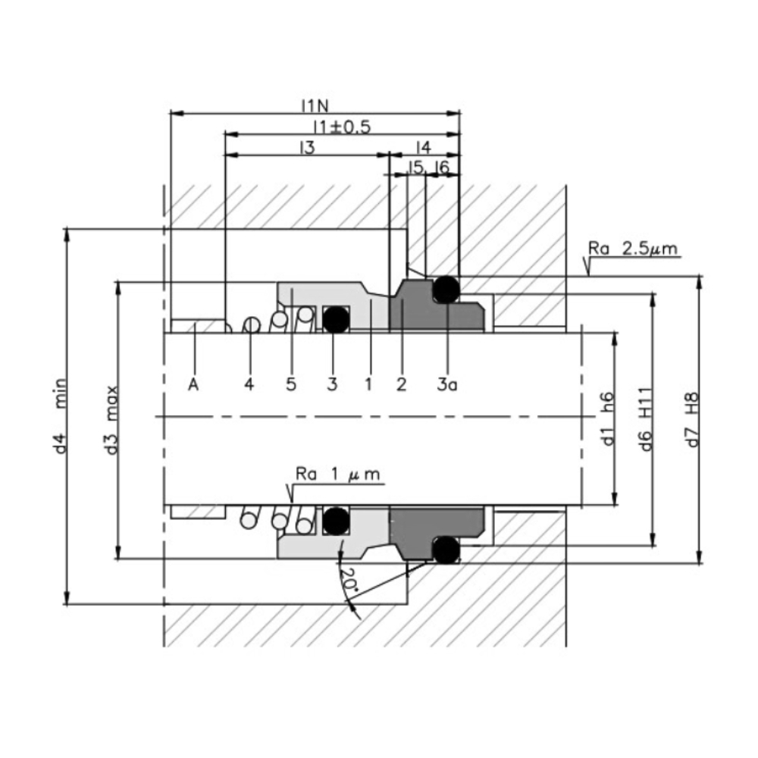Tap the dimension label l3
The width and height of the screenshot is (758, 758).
pyautogui.click(x=305, y=146)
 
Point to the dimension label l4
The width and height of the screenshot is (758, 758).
pyautogui.click(x=424, y=146)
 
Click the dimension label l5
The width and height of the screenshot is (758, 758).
pyautogui.click(x=415, y=167)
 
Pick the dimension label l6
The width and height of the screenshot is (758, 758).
pyautogui.click(x=442, y=167)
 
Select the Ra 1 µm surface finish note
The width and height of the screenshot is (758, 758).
pyautogui.click(x=339, y=475)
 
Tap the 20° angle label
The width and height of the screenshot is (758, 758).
pyautogui.click(x=348, y=581)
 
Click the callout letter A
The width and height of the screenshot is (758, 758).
pyautogui.click(x=193, y=384)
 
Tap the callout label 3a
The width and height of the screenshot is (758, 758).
pyautogui.click(x=448, y=384)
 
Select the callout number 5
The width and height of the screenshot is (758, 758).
pyautogui.click(x=291, y=384)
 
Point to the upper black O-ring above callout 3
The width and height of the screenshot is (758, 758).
pyautogui.click(x=335, y=319)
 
